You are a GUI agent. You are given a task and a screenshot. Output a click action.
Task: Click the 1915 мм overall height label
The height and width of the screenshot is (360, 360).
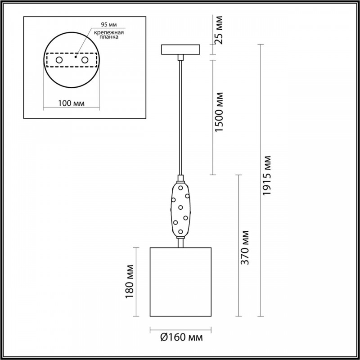point(267,175)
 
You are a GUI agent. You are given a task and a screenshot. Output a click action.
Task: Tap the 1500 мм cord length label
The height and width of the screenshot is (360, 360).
point(219,112)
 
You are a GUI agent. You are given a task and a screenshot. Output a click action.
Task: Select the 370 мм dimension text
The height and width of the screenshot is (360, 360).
point(245,247)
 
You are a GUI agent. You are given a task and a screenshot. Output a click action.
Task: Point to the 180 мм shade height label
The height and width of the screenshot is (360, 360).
point(130,282)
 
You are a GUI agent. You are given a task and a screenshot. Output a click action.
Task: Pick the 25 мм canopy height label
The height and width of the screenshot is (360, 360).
point(219,30)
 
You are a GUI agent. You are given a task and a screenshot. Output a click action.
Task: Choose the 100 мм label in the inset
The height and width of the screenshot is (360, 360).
point(71,103)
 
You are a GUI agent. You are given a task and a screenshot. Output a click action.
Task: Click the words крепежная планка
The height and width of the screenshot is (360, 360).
point(109,35)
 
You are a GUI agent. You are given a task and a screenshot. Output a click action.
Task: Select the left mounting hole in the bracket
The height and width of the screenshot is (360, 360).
point(59,60)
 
